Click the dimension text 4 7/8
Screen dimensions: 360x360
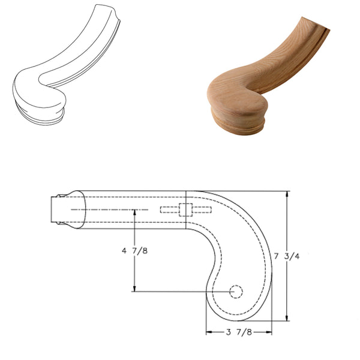134,251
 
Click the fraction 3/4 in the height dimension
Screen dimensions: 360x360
307,256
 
